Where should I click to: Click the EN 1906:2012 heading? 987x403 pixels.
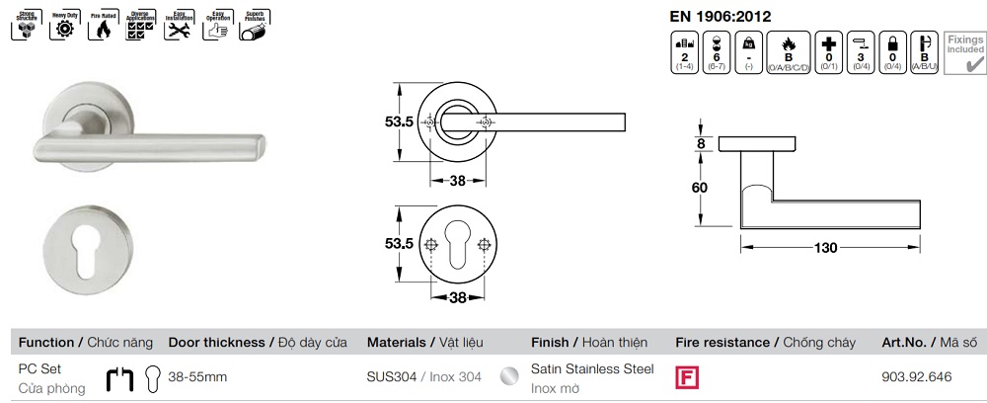pyautogui.click(x=721, y=16)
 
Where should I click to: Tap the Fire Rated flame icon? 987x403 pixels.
pyautogui.click(x=101, y=29)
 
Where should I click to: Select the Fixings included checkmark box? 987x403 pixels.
pyautogui.click(x=964, y=53)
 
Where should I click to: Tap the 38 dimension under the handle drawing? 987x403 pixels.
pyautogui.click(x=457, y=181)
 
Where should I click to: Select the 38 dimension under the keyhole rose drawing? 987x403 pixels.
pyautogui.click(x=457, y=295)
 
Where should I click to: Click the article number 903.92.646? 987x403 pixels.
pyautogui.click(x=915, y=376)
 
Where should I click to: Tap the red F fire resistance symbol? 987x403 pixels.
pyautogui.click(x=684, y=377)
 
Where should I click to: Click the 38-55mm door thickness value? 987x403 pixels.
pyautogui.click(x=197, y=376)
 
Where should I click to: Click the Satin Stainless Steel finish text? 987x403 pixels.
pyautogui.click(x=592, y=368)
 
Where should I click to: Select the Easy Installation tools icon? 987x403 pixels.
pyautogui.click(x=177, y=29)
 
